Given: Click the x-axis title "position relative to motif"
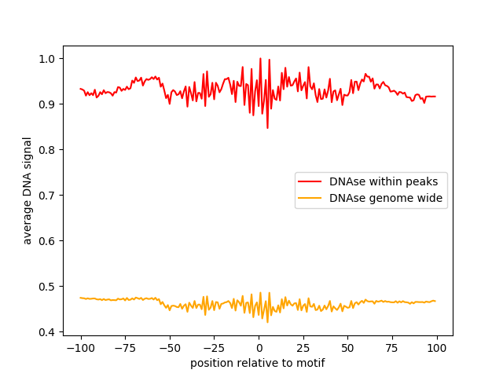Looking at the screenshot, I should click(258, 363).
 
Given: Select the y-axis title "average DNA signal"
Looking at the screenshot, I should click(28, 191).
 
